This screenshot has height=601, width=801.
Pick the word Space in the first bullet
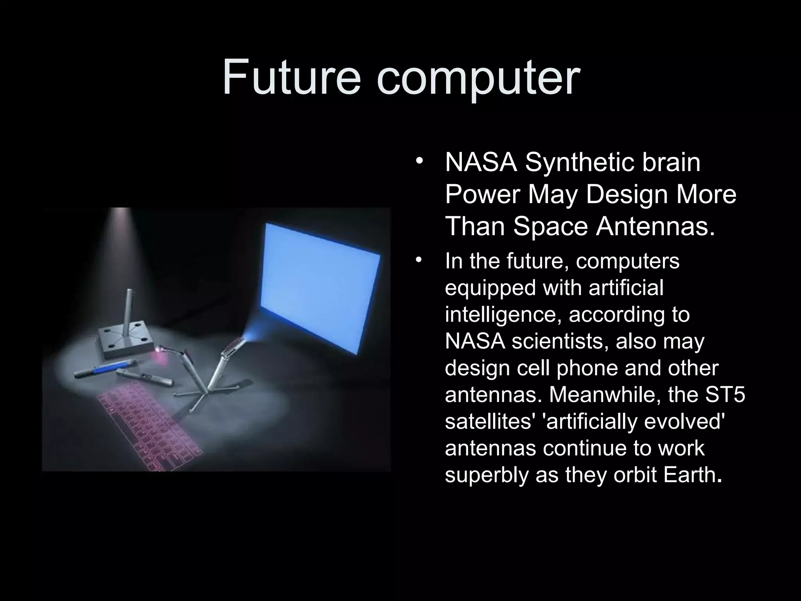(x=551, y=227)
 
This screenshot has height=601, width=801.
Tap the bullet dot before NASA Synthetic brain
(x=419, y=162)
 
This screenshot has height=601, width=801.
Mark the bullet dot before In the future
(x=419, y=260)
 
